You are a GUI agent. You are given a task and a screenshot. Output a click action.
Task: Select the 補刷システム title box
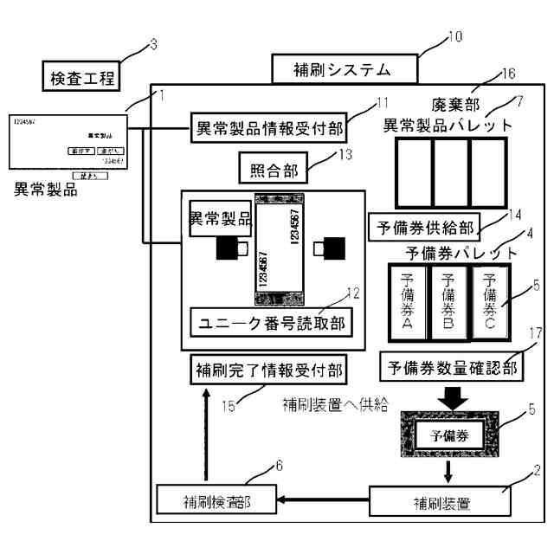click(x=344, y=68)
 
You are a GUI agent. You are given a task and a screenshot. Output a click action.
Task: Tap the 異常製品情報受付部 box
click(x=267, y=131)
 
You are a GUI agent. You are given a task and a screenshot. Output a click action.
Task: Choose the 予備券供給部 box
click(x=423, y=228)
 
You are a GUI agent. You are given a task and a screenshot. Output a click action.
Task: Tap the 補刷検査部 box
click(x=216, y=499)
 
